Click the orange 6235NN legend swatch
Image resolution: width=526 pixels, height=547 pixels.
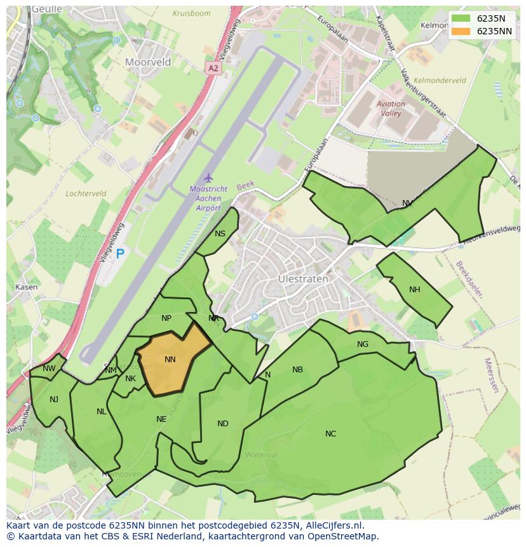(x=461, y=31)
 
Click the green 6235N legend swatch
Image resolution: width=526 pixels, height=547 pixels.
(x=461, y=18)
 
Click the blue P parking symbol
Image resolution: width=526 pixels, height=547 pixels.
(x=120, y=254)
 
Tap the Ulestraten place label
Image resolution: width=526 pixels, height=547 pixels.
(x=303, y=279)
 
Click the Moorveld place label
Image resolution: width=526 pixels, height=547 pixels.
(x=148, y=62)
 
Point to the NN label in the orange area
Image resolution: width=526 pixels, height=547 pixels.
(x=170, y=360)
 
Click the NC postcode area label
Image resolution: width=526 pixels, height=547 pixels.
(x=330, y=434)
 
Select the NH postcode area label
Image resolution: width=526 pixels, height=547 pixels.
(x=414, y=290)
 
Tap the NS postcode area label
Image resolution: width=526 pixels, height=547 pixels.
(x=220, y=234)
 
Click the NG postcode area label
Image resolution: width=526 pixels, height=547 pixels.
(x=363, y=344)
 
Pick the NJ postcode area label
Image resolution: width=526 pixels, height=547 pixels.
(x=54, y=400)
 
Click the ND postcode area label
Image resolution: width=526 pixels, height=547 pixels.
(x=222, y=424)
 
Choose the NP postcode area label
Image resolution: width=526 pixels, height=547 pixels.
(x=166, y=318)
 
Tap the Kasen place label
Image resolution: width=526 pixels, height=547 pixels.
(x=26, y=287)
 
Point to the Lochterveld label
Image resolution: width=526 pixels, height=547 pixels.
(x=85, y=193)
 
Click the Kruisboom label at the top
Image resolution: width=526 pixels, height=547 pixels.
(x=191, y=13)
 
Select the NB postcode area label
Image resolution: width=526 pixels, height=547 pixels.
(x=297, y=370)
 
